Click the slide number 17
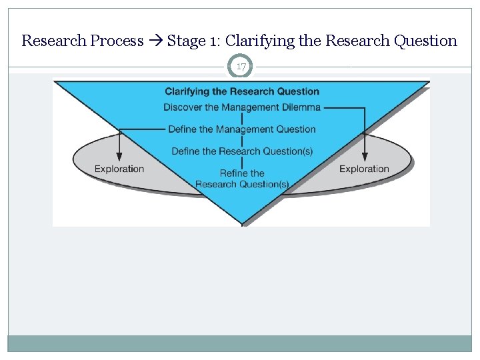click(241, 67)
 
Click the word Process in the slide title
click(117, 41)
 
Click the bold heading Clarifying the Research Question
click(242, 91)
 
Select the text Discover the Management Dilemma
click(242, 107)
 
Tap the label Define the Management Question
click(242, 129)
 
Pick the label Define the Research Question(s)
click(242, 151)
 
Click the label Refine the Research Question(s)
click(242, 179)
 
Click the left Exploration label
click(119, 169)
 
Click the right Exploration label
click(364, 169)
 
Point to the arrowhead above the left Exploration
click(119, 156)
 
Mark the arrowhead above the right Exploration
click(365, 156)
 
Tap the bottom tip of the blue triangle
click(242, 223)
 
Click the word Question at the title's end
click(425, 41)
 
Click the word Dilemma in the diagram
click(301, 107)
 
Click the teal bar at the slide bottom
click(240, 343)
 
